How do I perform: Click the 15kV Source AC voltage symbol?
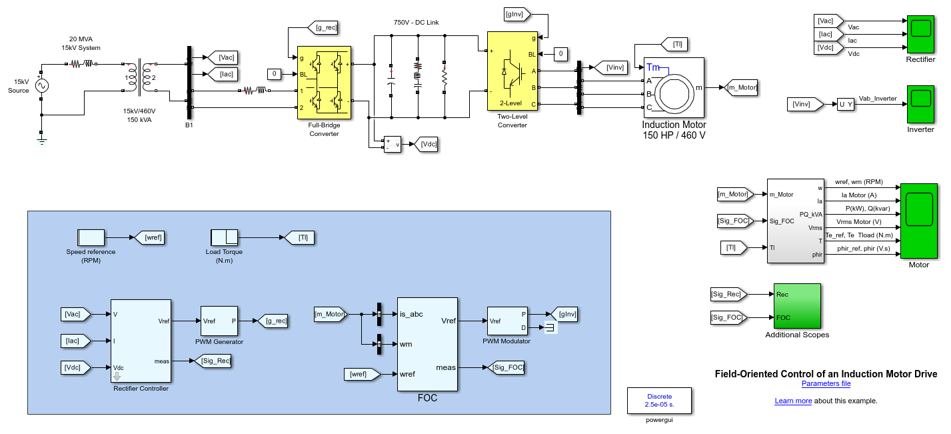[x=41, y=85]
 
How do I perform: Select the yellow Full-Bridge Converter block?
[x=324, y=82]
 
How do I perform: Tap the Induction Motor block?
[x=674, y=87]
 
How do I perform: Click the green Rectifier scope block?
[x=920, y=34]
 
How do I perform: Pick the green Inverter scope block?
[x=920, y=104]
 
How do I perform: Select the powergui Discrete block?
[x=658, y=401]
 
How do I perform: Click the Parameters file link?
[x=826, y=383]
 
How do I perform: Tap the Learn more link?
[x=793, y=401]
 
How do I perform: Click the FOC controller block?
[x=427, y=344]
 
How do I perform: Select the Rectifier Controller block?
[x=140, y=341]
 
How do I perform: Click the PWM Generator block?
[x=219, y=321]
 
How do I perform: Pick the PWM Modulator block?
[x=506, y=321]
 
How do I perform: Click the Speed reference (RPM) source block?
[x=91, y=237]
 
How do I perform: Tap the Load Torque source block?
[x=224, y=237]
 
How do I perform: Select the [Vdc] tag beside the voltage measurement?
[x=426, y=144]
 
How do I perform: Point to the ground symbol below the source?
[x=41, y=139]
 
